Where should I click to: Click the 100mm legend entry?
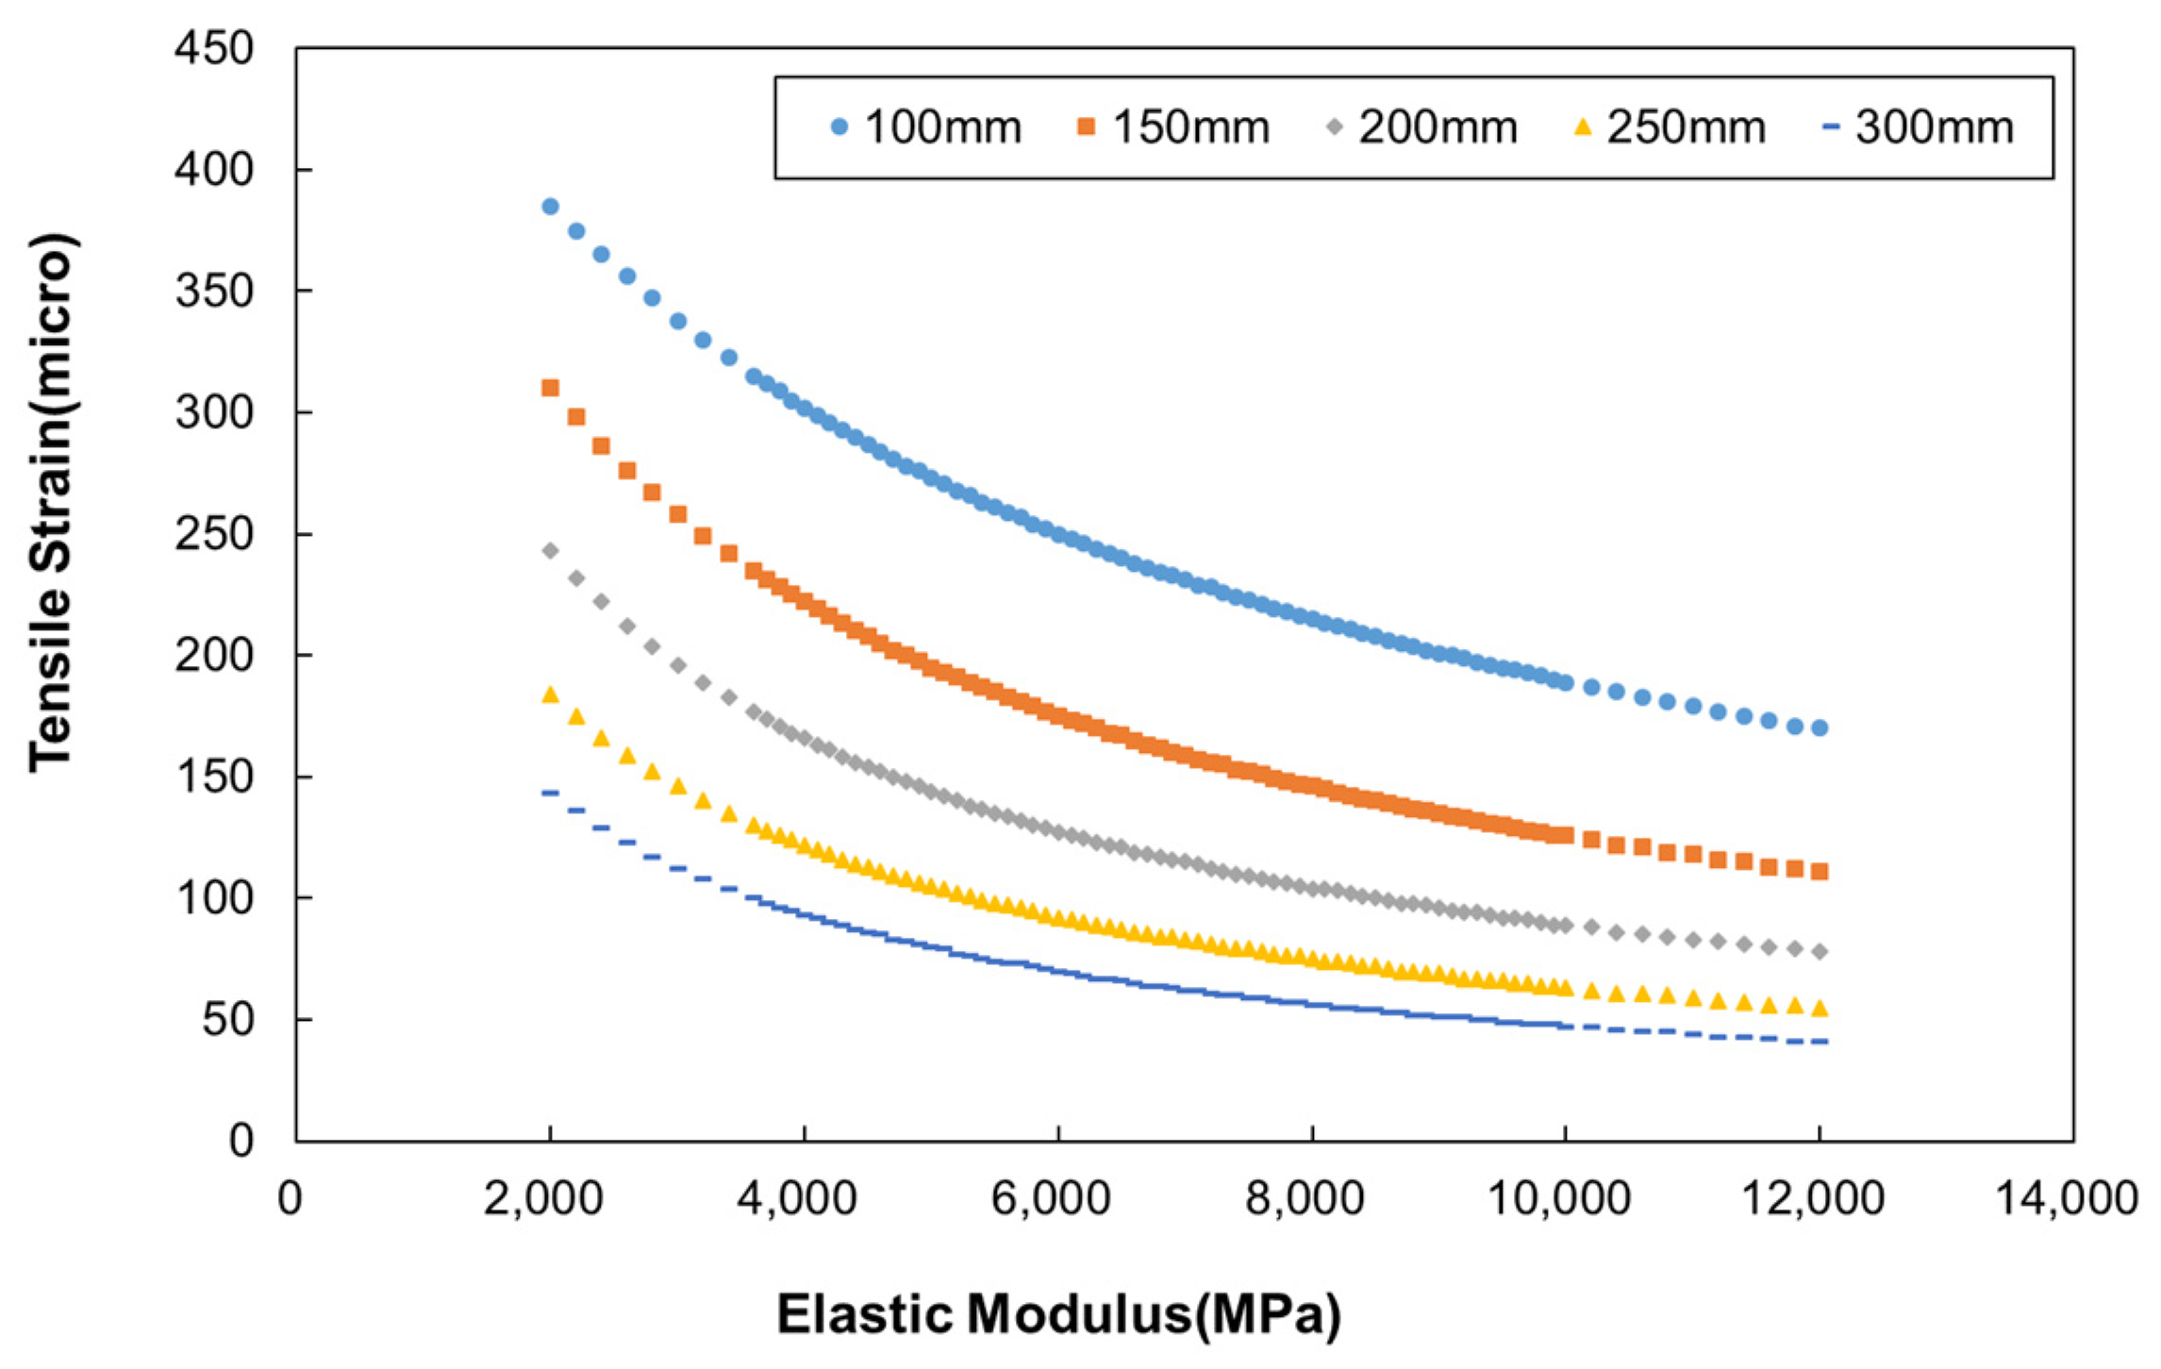pyautogui.click(x=926, y=127)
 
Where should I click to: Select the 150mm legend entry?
pyautogui.click(x=1174, y=127)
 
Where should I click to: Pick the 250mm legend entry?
pyautogui.click(x=1671, y=127)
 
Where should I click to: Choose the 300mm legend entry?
pyautogui.click(x=1919, y=127)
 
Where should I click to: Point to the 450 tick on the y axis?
pyautogui.click(x=214, y=48)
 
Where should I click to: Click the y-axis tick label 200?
pyautogui.click(x=214, y=655)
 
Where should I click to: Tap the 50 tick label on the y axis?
pyautogui.click(x=227, y=1020)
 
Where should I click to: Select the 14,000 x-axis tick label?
pyautogui.click(x=2066, y=1198)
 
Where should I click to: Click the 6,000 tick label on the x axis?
pyautogui.click(x=1051, y=1198)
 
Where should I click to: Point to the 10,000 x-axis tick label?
pyautogui.click(x=1559, y=1198)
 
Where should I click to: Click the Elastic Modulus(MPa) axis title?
pyautogui.click(x=1058, y=1314)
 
